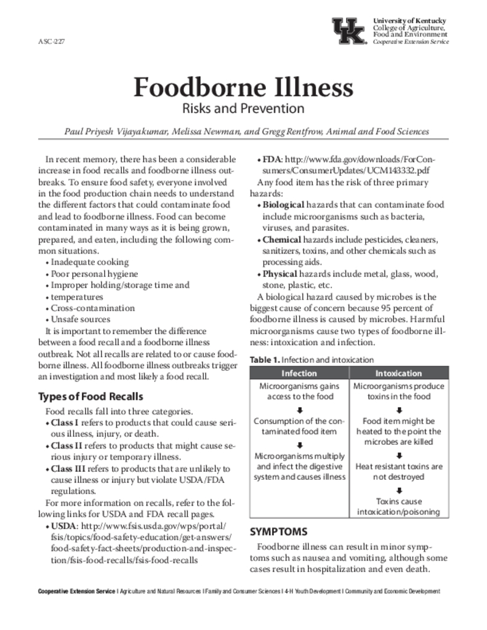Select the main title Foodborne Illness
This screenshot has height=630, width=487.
click(243, 88)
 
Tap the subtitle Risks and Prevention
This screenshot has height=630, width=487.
click(243, 109)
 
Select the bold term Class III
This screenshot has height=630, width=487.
click(66, 468)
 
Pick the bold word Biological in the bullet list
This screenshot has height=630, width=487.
click(283, 204)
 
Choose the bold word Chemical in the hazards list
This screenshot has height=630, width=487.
click(282, 239)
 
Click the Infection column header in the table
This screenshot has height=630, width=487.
click(299, 373)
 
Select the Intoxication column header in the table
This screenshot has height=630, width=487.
click(399, 373)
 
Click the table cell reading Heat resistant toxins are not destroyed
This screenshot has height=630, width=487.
click(399, 471)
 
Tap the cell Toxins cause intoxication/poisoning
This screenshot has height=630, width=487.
click(399, 506)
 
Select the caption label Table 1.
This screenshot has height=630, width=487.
click(265, 359)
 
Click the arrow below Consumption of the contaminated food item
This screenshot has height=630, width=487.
click(299, 445)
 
